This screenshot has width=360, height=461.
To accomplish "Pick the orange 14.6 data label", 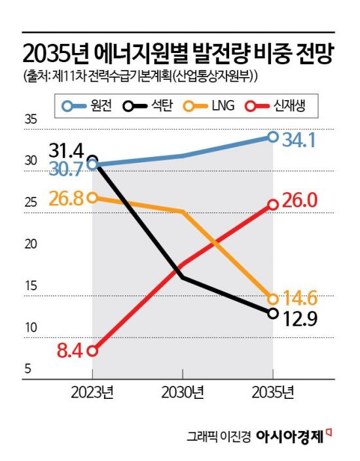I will tap(300, 299).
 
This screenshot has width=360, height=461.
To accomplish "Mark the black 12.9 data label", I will tap(300, 318).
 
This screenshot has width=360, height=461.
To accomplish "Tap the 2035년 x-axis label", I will tap(273, 393).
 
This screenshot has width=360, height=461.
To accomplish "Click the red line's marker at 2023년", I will tap(92, 351).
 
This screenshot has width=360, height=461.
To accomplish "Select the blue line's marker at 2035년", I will tap(273, 137).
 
